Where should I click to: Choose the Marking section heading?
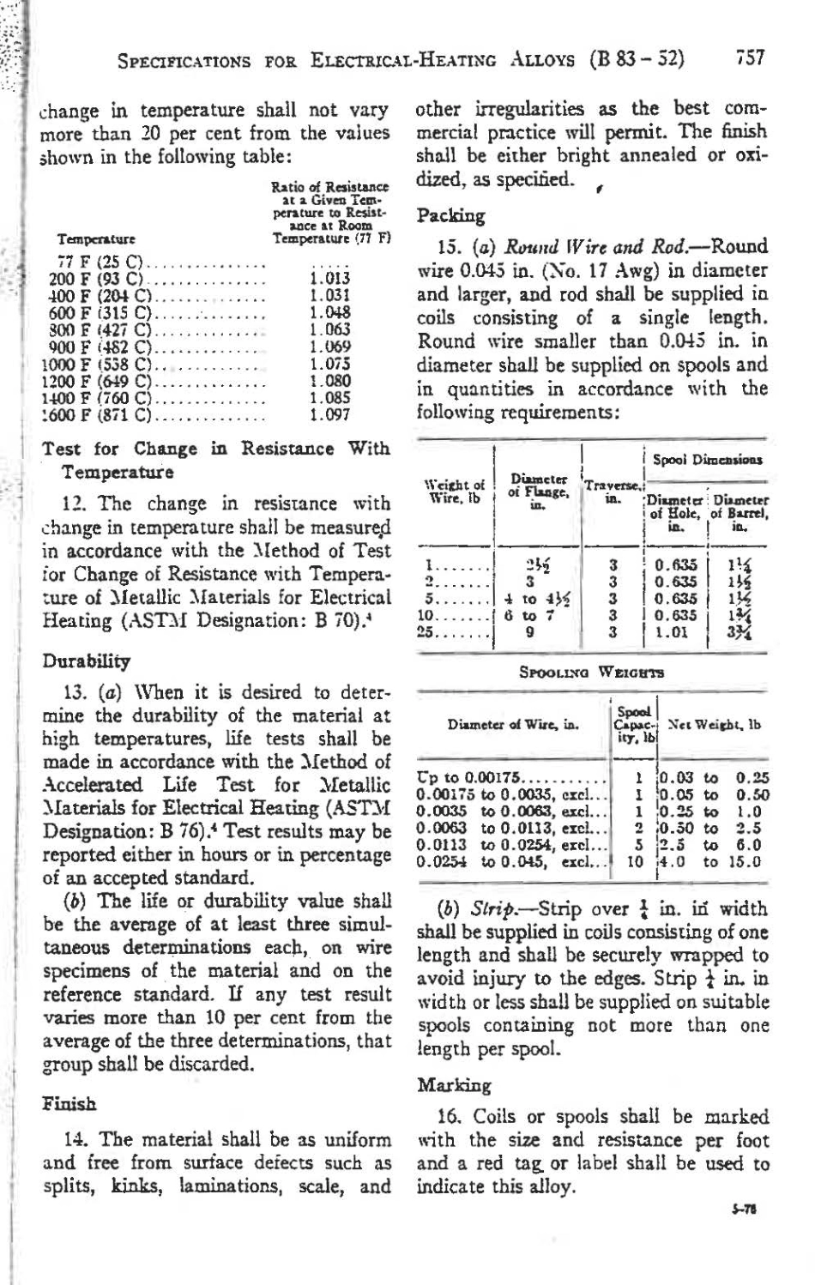click(x=453, y=1085)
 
